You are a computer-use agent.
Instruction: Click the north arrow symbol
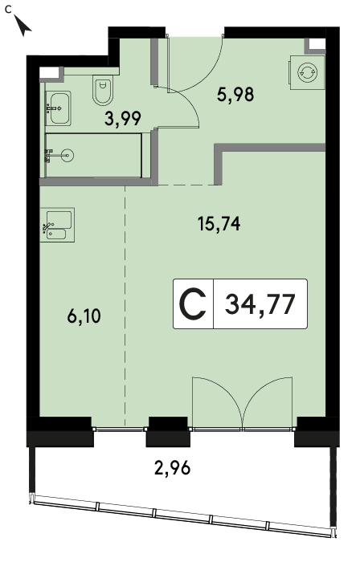point(23,26)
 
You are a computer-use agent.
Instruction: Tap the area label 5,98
point(235,95)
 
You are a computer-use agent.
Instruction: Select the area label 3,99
point(123,119)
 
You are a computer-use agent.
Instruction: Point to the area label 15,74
point(219,224)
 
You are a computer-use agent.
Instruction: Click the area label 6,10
point(84,316)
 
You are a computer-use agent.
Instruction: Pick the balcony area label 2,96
point(172,468)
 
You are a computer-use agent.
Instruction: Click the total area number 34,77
point(260,304)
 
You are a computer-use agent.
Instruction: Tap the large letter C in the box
point(193,304)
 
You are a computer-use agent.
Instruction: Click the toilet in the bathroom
point(103,90)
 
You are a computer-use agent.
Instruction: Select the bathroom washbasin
point(58,108)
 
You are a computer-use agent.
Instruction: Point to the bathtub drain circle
point(67,155)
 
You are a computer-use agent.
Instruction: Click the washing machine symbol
point(307,72)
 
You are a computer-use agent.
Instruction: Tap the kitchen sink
point(57,225)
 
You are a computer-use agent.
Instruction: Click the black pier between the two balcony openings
point(168,432)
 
